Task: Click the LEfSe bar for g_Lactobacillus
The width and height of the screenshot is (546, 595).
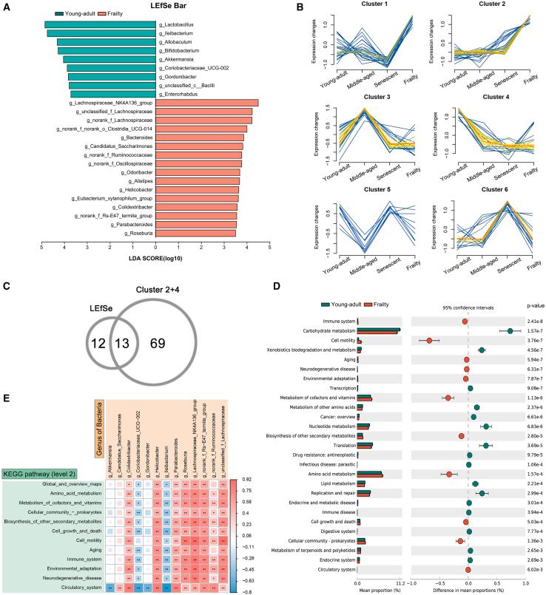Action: coord(101,25)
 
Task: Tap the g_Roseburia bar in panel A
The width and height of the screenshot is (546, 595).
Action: coord(195,233)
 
